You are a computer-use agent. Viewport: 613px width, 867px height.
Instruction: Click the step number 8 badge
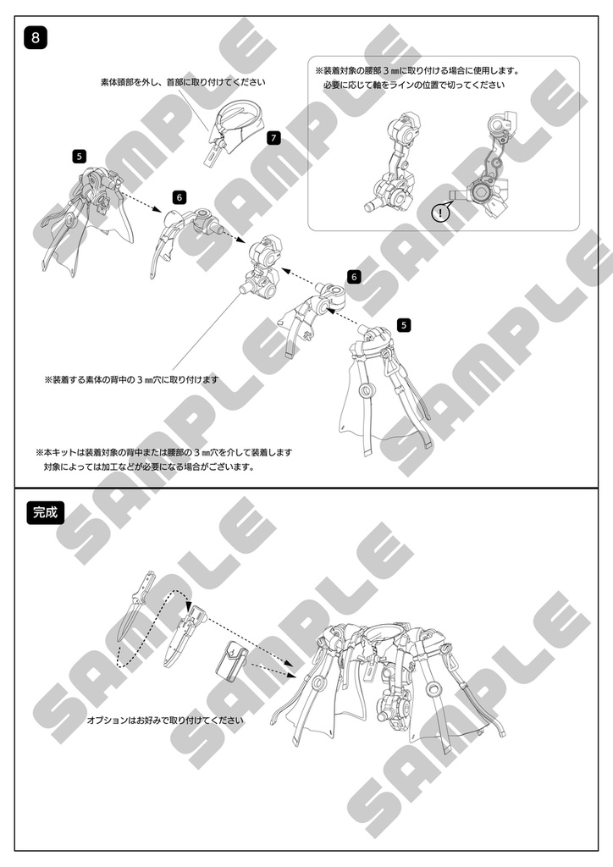coord(36,38)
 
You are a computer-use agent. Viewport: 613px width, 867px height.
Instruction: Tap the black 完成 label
coord(46,512)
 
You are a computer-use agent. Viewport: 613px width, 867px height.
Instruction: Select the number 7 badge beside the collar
coord(273,138)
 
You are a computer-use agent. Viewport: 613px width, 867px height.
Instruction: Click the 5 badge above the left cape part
coord(79,157)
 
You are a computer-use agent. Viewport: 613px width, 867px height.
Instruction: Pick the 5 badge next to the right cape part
coord(404,325)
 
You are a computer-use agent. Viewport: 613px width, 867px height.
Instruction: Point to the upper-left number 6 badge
coord(179,197)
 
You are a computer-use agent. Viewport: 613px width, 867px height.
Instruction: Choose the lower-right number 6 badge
coord(354,277)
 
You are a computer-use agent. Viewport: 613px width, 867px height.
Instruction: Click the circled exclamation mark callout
coord(440,213)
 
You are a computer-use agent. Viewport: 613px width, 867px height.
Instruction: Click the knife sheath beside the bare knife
coord(182,636)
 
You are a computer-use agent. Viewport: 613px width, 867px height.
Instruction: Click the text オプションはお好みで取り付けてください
coord(165,720)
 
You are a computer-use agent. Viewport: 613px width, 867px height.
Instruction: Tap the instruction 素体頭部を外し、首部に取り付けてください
coord(183,82)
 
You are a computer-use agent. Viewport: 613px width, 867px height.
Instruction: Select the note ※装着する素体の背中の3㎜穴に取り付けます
coord(131,380)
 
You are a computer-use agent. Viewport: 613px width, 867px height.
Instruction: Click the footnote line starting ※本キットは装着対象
coord(163,452)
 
